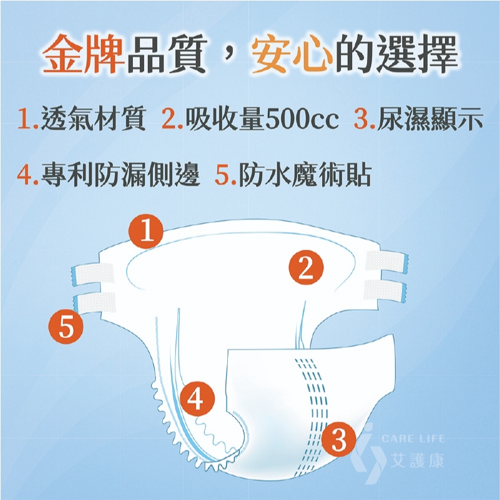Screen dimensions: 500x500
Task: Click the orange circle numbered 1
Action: point(146,231)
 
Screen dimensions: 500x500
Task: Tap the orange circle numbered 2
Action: point(306,267)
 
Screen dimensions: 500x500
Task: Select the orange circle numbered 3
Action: point(339,439)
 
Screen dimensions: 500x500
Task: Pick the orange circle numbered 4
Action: point(197,399)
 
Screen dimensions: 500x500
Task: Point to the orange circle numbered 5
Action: point(66,326)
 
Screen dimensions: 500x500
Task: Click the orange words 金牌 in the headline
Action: point(84,54)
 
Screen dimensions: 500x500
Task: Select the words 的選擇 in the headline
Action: point(396,54)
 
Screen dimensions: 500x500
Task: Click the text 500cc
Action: point(301,119)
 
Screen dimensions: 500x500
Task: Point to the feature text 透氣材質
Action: point(94,119)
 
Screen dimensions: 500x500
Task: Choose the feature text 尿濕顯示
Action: point(429,119)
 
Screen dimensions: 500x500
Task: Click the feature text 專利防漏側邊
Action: point(120,174)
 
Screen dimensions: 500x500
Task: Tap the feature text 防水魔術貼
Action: point(305,174)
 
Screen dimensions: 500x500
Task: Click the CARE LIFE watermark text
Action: point(413,438)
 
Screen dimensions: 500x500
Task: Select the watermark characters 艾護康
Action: point(418,461)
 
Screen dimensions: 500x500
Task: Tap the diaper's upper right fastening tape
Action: point(387,262)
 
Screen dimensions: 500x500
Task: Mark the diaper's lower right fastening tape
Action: point(385,290)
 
